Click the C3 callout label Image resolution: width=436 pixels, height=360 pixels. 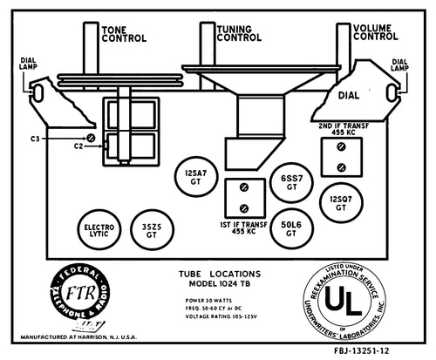35,139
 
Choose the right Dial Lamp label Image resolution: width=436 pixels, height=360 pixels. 400,65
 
